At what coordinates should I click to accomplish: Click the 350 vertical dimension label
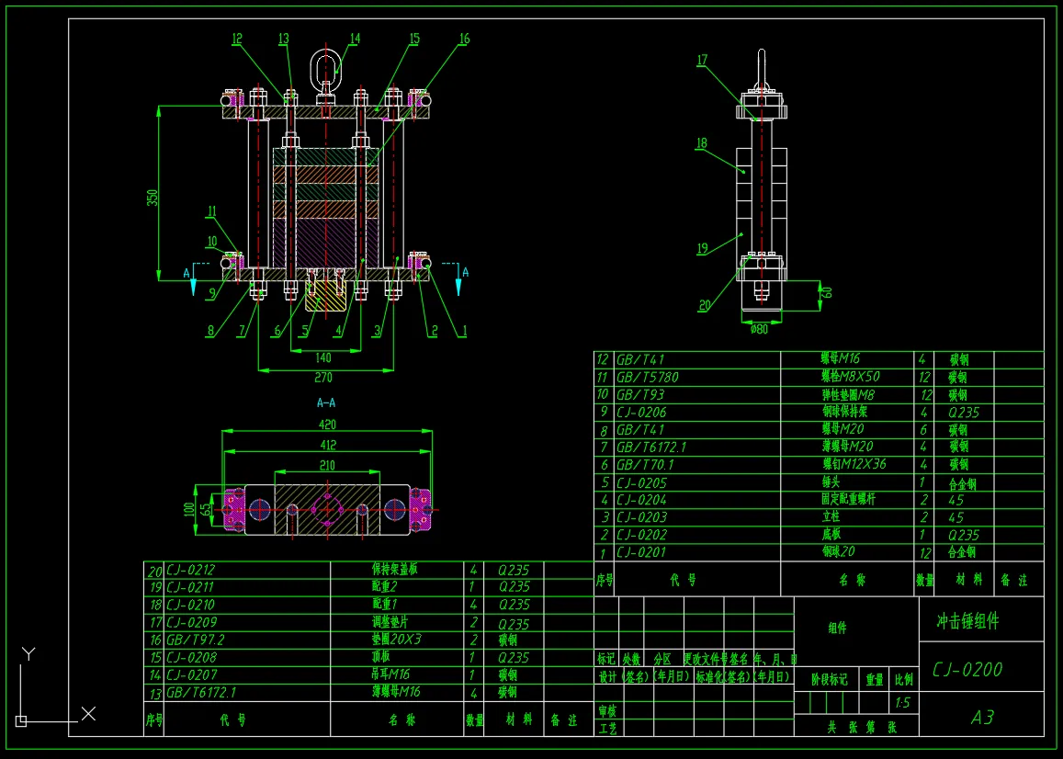click(153, 197)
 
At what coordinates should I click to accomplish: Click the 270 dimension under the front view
click(322, 378)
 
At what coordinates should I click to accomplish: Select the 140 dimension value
click(322, 357)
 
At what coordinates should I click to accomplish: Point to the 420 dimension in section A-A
click(327, 425)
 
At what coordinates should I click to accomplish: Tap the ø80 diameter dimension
click(759, 329)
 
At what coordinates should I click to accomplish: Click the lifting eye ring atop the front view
click(325, 67)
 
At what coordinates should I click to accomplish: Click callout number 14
click(355, 39)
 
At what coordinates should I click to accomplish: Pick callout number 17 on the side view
click(702, 61)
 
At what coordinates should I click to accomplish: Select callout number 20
click(705, 305)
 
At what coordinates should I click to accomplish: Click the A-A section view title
click(325, 402)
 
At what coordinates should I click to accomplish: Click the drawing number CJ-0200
click(967, 669)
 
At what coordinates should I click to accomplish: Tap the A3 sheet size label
click(982, 717)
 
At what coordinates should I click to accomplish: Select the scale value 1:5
click(903, 703)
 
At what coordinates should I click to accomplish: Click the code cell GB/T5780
click(647, 377)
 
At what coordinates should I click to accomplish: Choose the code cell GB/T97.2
click(195, 640)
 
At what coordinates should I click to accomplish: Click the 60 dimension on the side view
click(827, 292)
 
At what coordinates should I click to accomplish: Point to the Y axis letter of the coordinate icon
click(29, 653)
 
